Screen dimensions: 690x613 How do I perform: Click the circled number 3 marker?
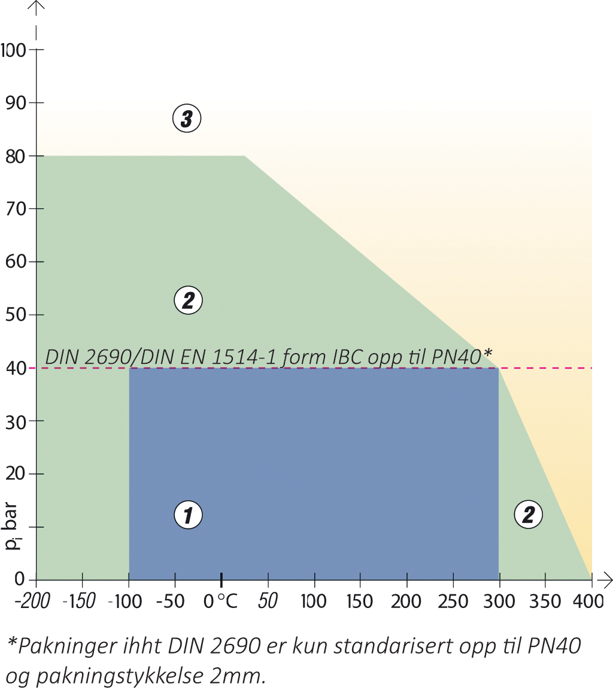pos(186,118)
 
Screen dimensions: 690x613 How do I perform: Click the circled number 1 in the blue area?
pos(188,515)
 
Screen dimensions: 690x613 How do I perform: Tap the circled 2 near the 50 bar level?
pos(188,300)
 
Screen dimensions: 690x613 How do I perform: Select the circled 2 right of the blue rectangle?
pos(529,515)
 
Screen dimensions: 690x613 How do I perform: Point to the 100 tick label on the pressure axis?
pos(14,50)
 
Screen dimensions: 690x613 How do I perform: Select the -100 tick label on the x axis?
pos(125,601)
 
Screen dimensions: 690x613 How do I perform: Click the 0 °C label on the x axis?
pos(221,601)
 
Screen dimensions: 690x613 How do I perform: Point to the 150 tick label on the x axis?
pos(360,601)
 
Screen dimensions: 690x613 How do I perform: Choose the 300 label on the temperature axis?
pos(499,601)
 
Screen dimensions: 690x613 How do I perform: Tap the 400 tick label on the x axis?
pos(591,601)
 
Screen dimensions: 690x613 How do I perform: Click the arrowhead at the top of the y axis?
pos(38,7)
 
